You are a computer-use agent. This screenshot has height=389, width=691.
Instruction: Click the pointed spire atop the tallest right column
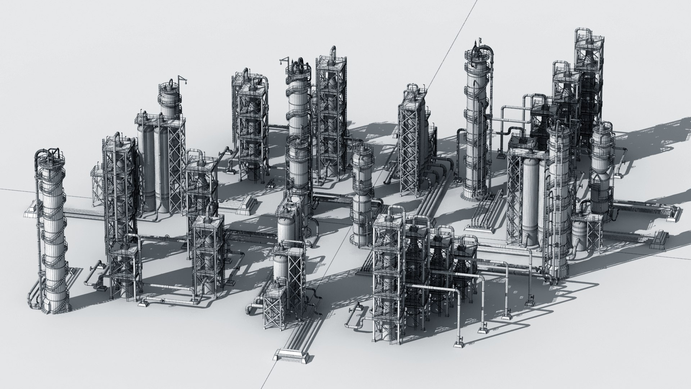479,44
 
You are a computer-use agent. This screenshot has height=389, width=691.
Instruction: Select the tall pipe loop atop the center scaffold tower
333,53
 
